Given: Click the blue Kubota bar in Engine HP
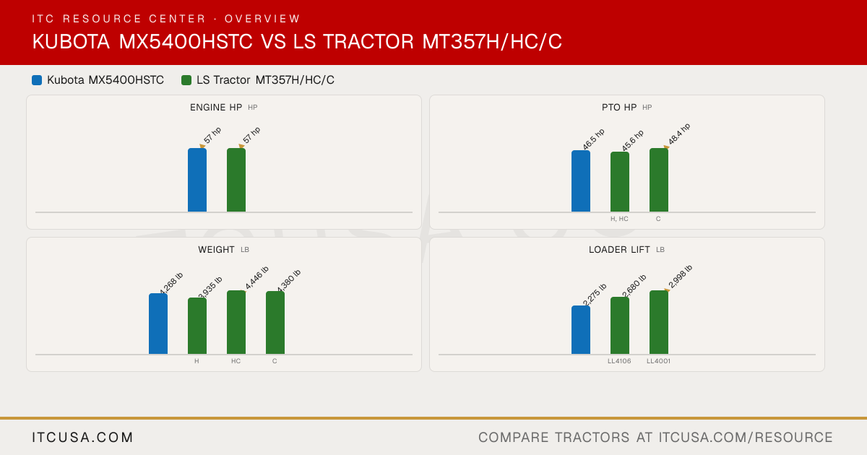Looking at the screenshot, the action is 197,180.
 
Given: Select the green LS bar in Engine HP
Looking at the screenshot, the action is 236,180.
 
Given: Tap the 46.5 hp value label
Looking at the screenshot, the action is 593,139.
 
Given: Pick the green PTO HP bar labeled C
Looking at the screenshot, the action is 659,180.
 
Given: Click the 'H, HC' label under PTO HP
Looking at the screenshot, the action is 619,219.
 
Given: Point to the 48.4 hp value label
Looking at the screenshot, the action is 679,134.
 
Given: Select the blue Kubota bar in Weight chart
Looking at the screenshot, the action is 158,324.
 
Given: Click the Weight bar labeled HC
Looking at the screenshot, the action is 236,322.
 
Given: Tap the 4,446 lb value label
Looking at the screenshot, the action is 256,277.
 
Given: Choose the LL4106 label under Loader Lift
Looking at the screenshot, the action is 619,361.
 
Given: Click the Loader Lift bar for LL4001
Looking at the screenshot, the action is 659,322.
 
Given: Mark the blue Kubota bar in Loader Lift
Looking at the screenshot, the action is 581,330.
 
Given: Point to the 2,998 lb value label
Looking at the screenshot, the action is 680,277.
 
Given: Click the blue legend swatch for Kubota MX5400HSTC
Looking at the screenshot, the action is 37,80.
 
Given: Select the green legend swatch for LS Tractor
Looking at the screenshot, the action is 186,80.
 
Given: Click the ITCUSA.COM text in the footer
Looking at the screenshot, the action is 82,438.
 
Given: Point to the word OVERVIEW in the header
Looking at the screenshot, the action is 262,19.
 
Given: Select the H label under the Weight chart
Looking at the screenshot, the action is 197,361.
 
